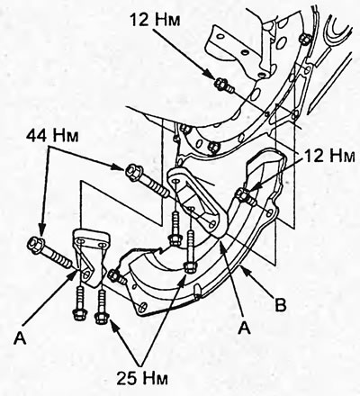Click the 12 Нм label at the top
click(x=156, y=20)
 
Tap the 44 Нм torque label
click(x=52, y=136)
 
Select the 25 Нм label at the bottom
click(x=142, y=378)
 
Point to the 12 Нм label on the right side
click(x=329, y=156)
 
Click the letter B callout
click(x=281, y=305)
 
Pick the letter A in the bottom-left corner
click(x=20, y=338)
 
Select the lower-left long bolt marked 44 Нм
click(x=50, y=253)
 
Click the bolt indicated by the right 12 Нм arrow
click(x=247, y=198)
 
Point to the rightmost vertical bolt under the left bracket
click(x=102, y=305)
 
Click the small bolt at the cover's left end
click(x=116, y=276)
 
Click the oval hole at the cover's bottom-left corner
click(x=143, y=306)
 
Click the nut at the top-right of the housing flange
click(x=304, y=38)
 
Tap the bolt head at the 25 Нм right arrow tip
click(x=189, y=266)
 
